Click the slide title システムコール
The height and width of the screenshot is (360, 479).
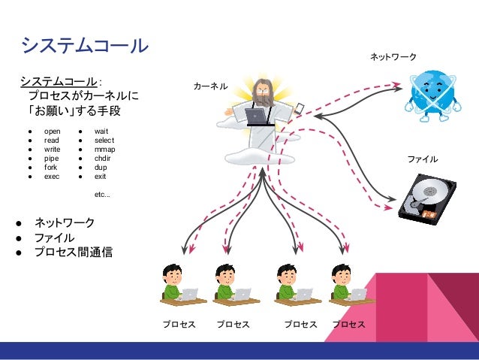coord(84,46)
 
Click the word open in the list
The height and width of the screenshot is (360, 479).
coord(52,132)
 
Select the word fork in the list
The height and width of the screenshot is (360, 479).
coord(51,168)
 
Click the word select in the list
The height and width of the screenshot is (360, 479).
coord(104,141)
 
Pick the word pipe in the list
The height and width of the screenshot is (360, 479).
coord(51,159)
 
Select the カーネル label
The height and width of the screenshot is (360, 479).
coord(210,86)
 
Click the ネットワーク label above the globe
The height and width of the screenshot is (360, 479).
coord(393,57)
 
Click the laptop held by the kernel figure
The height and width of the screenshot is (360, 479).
coord(256,116)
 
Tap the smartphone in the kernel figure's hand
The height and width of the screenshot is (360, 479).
coord(299,107)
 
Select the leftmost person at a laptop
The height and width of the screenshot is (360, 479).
coord(178,286)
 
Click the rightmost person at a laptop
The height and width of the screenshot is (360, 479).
coord(348,286)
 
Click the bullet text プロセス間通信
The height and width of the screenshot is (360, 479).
coord(74,253)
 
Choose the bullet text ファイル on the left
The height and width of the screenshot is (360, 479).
coord(54,238)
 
